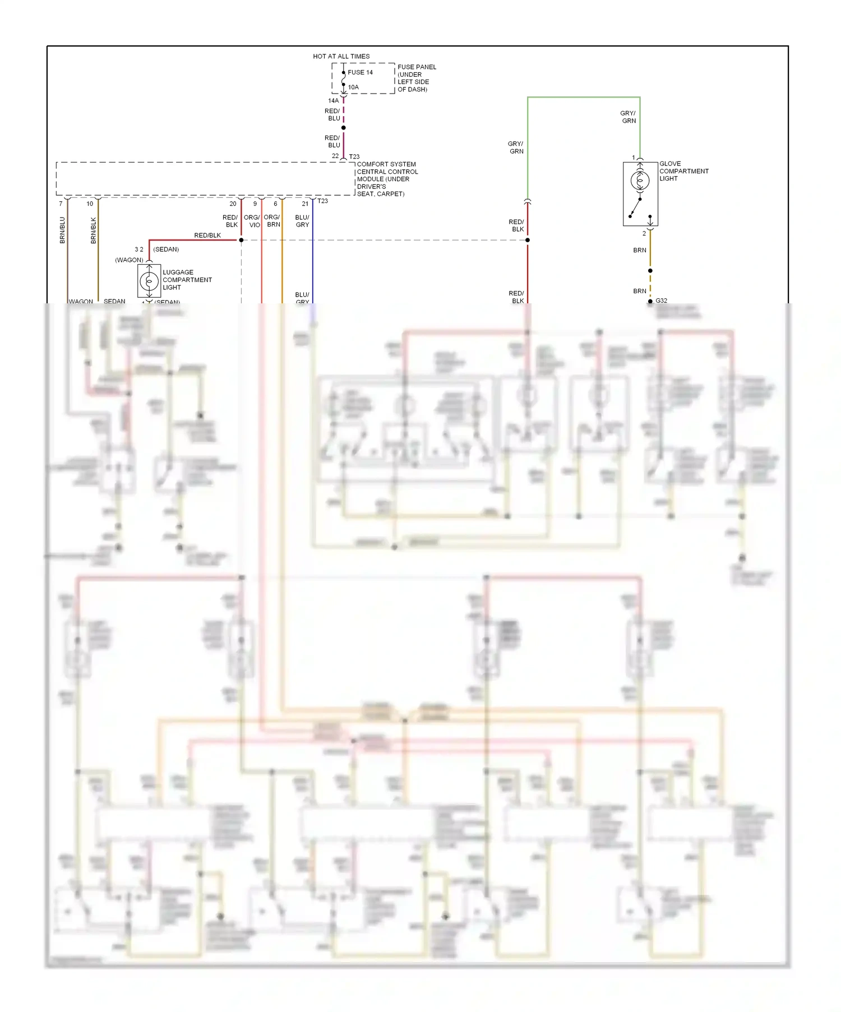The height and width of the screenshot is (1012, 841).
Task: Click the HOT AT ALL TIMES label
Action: [341, 56]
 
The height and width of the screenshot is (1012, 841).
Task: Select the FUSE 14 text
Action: [360, 72]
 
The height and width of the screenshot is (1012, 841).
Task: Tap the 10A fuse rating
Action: [353, 87]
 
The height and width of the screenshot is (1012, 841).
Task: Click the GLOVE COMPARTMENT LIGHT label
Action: [683, 171]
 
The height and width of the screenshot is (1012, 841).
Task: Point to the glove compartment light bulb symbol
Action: [640, 181]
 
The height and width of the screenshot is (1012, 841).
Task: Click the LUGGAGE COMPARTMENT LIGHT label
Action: [187, 280]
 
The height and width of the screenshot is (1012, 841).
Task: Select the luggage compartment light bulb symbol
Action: [149, 281]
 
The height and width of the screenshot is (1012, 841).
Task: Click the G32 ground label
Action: [662, 301]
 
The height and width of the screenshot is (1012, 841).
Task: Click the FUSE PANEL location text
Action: [416, 78]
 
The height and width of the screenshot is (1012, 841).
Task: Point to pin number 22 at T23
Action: [335, 156]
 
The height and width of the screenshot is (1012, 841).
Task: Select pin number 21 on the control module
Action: [305, 204]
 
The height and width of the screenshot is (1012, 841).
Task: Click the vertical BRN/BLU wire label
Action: [62, 230]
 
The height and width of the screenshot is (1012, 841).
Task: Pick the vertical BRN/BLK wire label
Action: [94, 230]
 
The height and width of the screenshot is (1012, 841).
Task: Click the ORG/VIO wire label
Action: [252, 221]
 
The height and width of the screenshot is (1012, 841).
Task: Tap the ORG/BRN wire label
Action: [272, 221]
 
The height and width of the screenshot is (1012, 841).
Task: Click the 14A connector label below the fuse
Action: [333, 101]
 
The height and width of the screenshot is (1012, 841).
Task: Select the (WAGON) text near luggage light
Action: [129, 260]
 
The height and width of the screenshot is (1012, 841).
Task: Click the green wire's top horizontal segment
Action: [583, 98]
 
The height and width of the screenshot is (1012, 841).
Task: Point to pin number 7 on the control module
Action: [61, 204]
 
